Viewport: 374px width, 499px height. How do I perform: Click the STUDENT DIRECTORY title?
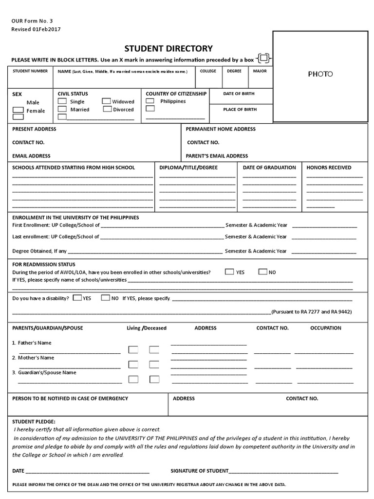(168, 48)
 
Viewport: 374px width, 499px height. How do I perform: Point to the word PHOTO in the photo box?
(320, 74)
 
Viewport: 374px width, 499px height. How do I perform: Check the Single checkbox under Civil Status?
(62, 101)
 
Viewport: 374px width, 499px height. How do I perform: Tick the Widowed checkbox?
(106, 101)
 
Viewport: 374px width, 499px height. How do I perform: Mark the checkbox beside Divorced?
(106, 109)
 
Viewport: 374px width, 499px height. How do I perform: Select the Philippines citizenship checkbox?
(150, 101)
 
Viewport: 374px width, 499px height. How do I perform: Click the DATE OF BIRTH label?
(239, 94)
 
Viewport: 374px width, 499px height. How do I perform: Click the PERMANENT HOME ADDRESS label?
(221, 129)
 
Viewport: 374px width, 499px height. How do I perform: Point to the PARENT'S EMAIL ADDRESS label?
(217, 156)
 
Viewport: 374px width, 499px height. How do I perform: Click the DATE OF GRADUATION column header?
(269, 167)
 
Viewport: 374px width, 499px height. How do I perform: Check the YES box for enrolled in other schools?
(229, 272)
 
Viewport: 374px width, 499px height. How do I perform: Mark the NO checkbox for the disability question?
(105, 297)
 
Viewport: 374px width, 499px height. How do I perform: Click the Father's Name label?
(32, 343)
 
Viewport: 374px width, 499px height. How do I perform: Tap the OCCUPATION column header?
(326, 328)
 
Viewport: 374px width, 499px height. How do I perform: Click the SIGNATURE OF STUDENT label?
(200, 471)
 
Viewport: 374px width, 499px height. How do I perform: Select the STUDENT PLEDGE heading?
(34, 421)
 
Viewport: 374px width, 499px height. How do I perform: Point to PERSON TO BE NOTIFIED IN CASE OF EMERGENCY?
(70, 398)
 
